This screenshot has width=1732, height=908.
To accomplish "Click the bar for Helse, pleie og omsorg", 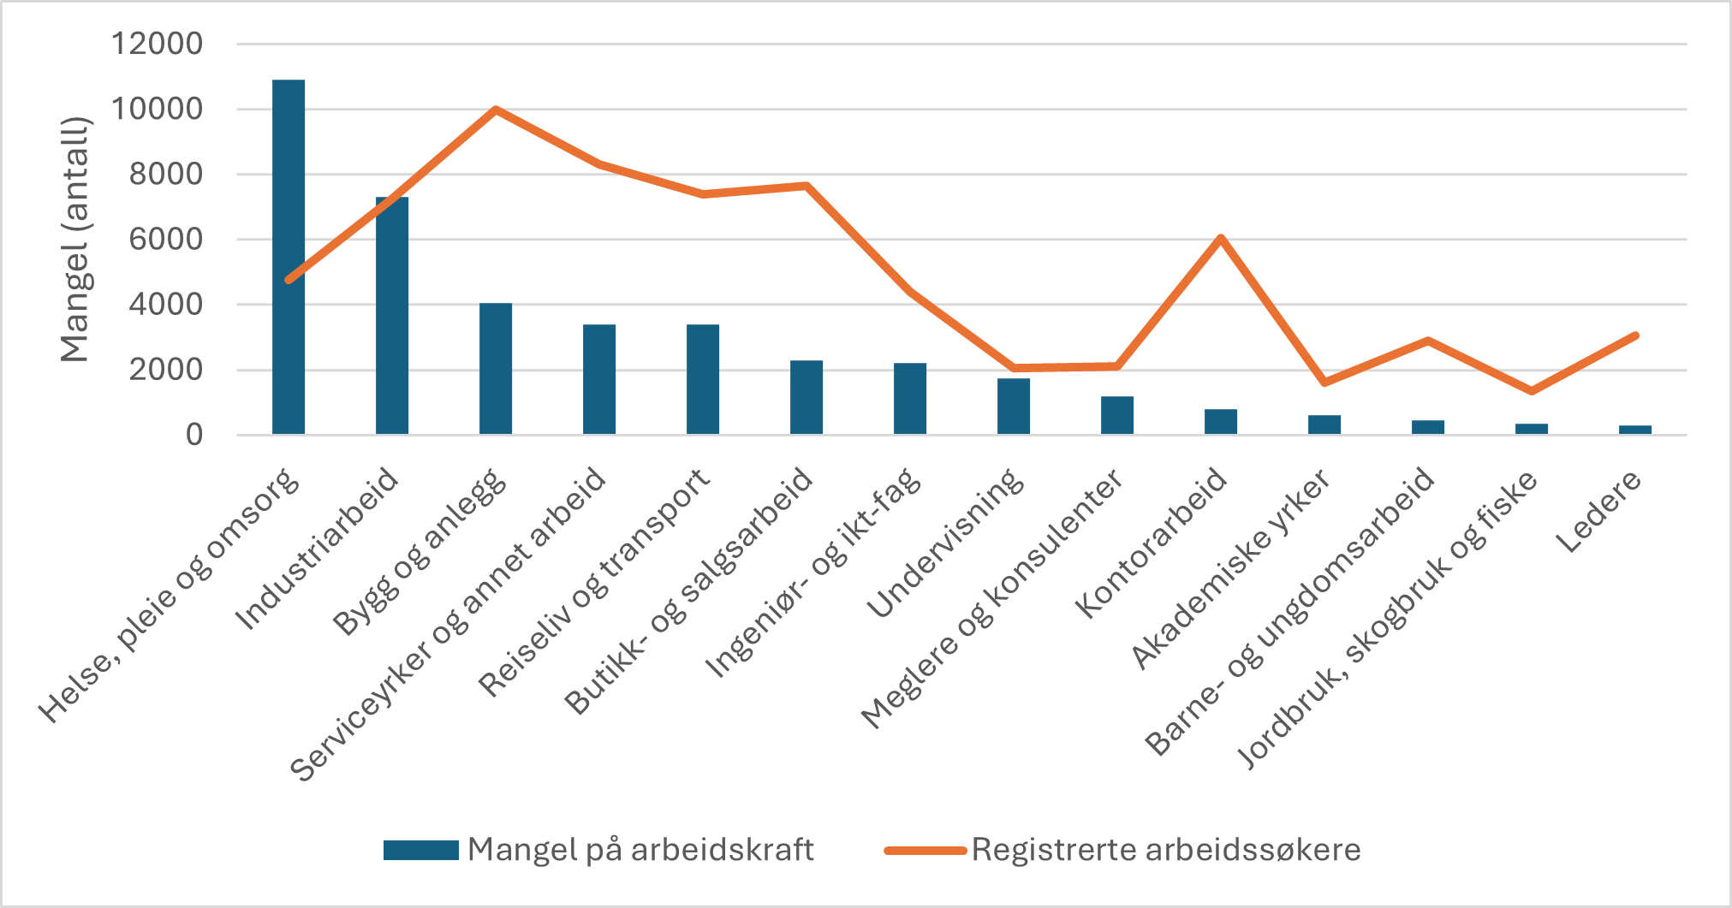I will [x=289, y=257].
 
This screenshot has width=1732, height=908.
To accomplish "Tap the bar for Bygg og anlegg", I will [x=496, y=369].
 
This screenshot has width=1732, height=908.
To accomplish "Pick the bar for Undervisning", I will [x=1014, y=407].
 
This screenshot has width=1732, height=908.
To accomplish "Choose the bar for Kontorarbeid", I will [x=1221, y=422].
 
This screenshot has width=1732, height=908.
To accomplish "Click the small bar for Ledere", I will [x=1635, y=430].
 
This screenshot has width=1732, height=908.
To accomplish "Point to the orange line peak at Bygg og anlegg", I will [x=496, y=110].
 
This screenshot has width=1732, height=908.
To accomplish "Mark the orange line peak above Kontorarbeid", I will [x=1221, y=237].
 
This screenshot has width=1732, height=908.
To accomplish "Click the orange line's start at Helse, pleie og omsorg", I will [x=289, y=280].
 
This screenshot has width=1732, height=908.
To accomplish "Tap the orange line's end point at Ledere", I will [x=1635, y=335].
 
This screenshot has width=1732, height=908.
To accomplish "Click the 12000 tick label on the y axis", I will [x=158, y=44].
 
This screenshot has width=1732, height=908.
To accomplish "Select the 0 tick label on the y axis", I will [x=194, y=435].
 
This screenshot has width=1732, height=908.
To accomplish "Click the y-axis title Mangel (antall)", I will [x=75, y=240].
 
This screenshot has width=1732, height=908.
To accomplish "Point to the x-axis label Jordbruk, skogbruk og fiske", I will [x=1387, y=620].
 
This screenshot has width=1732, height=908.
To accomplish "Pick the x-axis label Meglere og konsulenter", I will [x=991, y=599].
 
